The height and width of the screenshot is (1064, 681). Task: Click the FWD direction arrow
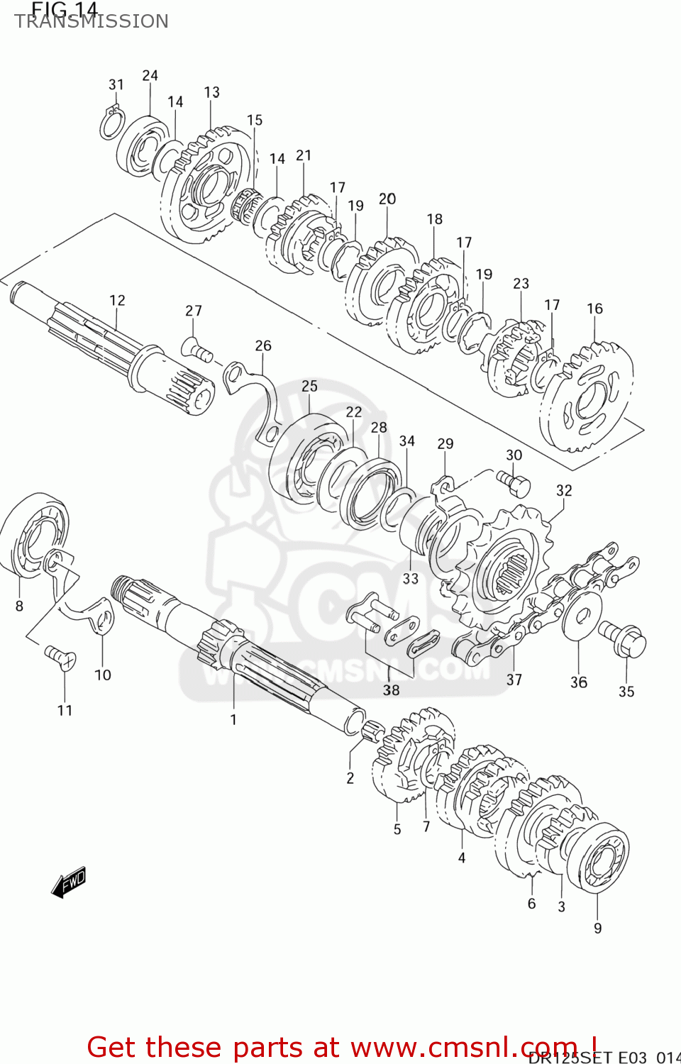pyautogui.click(x=69, y=883)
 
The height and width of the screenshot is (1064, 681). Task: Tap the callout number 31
pyautogui.click(x=116, y=84)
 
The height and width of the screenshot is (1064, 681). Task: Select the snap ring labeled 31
pyautogui.click(x=111, y=125)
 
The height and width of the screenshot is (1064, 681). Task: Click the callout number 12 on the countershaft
pyautogui.click(x=117, y=300)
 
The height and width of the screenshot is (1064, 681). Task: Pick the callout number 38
pyautogui.click(x=391, y=689)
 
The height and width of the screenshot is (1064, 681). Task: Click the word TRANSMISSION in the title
pyautogui.click(x=92, y=21)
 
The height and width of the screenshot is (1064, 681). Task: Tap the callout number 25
pyautogui.click(x=309, y=386)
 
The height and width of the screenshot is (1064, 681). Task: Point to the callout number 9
pyautogui.click(x=597, y=928)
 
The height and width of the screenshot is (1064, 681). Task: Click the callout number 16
pyautogui.click(x=594, y=309)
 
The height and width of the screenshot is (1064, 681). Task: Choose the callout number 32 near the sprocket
pyautogui.click(x=564, y=490)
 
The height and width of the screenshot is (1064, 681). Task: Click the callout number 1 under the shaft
pyautogui.click(x=233, y=719)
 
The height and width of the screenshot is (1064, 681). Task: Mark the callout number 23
pyautogui.click(x=521, y=283)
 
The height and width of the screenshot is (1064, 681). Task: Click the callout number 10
pyautogui.click(x=103, y=675)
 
